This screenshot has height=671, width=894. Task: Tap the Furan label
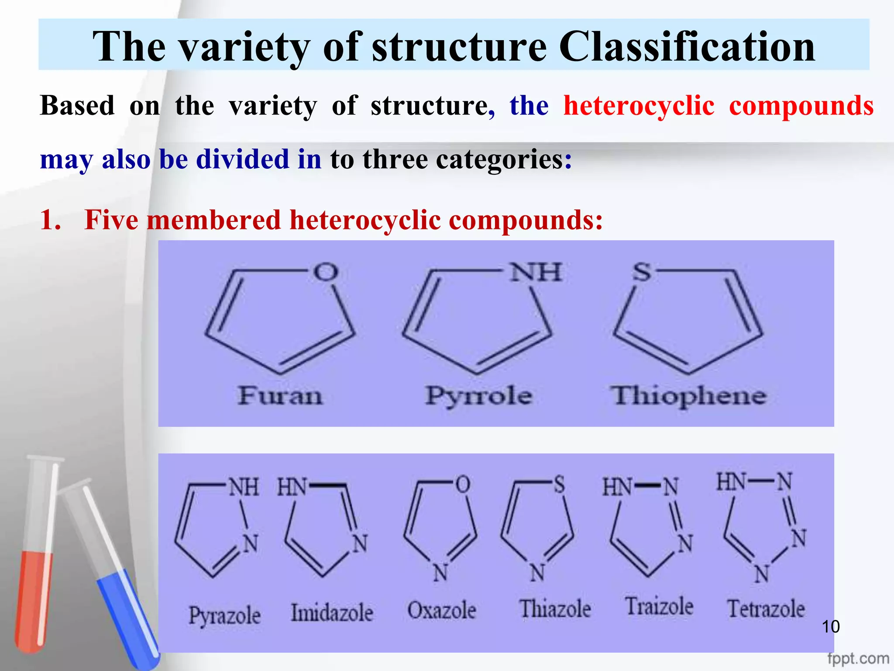[x=280, y=396]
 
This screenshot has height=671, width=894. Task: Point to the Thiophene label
[x=688, y=396]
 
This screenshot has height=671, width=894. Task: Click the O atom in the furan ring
[x=326, y=272]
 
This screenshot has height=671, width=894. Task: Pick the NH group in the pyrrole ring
[x=536, y=272]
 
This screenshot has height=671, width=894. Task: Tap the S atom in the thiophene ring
[x=642, y=272]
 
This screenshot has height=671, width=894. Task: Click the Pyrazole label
[x=224, y=616]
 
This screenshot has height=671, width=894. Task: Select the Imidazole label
[x=332, y=612]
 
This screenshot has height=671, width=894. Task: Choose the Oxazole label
[x=441, y=610]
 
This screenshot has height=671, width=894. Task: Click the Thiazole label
[x=555, y=609]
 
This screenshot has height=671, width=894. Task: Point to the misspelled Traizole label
[x=659, y=606]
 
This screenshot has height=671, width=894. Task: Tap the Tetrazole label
[x=766, y=609]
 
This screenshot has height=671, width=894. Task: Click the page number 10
[x=830, y=627]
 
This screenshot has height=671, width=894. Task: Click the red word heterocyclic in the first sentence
[x=639, y=106]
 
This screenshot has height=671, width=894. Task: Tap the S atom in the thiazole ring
[x=559, y=485]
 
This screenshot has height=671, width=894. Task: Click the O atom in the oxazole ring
[x=463, y=484]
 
